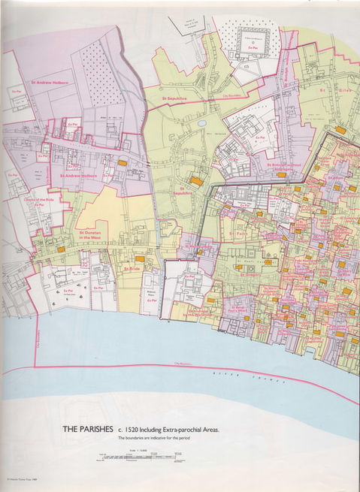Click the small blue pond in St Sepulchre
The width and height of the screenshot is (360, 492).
coord(201,122)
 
